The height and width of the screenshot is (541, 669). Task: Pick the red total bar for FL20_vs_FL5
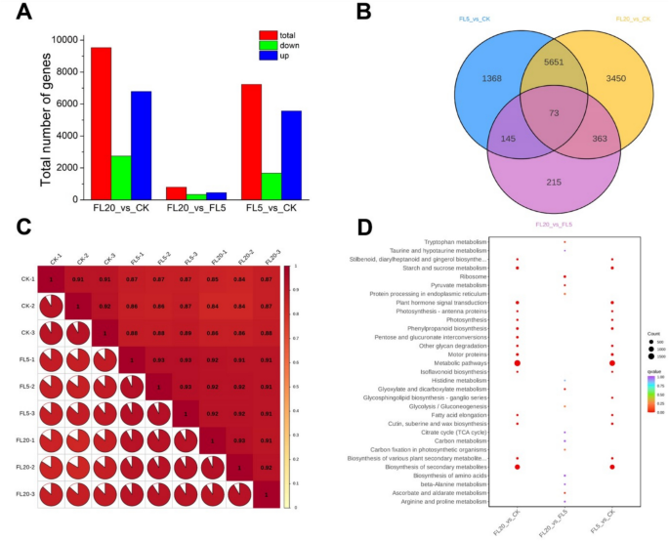coord(176,192)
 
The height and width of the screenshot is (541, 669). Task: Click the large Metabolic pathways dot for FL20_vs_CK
coord(517,363)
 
